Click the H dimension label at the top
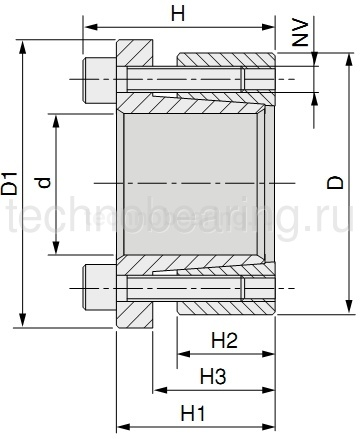[178, 13]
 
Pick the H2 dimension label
[224, 341]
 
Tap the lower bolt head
[98, 289]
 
